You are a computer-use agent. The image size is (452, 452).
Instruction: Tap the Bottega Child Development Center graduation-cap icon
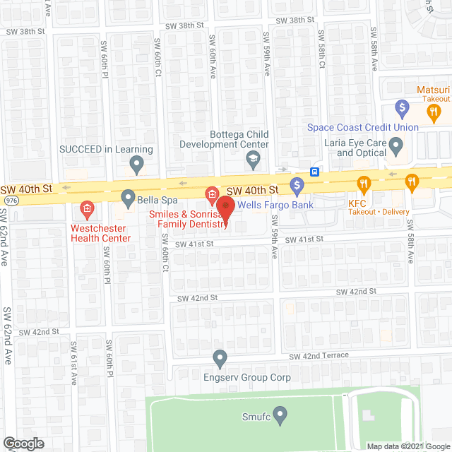(x=252, y=161)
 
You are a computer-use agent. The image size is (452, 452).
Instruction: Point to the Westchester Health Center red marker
(x=87, y=208)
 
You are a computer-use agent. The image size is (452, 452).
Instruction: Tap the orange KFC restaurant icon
(x=364, y=184)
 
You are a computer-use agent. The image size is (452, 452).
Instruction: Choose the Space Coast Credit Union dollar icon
(x=402, y=109)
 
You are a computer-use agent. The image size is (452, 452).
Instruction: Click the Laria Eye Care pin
(x=396, y=147)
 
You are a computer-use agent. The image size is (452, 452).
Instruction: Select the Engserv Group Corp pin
(x=220, y=359)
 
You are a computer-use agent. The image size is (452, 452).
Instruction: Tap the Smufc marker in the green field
(x=280, y=414)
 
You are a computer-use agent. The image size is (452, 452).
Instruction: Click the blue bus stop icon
(x=314, y=172)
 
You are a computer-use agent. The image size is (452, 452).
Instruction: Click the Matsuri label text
(x=433, y=90)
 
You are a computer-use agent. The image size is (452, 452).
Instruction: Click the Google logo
(x=23, y=443)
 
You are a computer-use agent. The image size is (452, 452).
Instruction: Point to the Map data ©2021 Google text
(x=408, y=446)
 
